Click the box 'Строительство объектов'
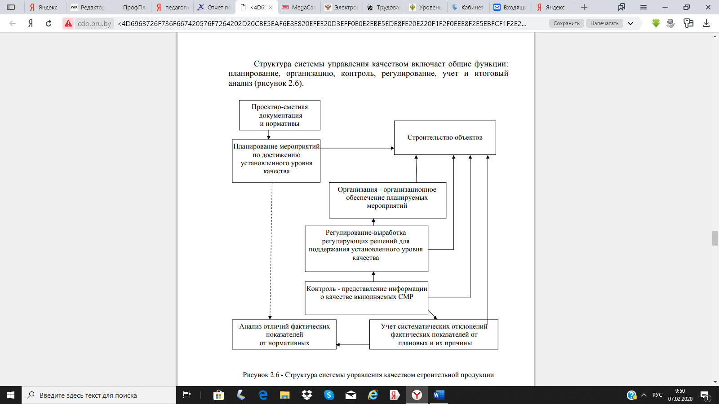coord(445,137)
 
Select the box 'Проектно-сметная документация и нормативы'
coord(280,115)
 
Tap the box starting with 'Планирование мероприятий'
coord(276,161)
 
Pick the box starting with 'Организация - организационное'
coord(387,200)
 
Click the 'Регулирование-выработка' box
coord(366,249)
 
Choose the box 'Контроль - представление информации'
coord(366,298)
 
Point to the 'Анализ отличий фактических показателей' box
coord(284,334)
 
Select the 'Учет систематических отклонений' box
coord(434,334)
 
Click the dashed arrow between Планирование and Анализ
coord(271,251)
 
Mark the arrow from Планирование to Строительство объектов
coord(357,148)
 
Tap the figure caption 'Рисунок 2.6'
coord(368,375)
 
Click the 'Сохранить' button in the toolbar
coord(567,23)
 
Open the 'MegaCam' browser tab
coord(299,7)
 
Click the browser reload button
coord(49,23)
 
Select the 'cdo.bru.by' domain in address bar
coord(94,23)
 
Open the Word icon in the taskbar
coord(439,395)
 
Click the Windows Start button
coord(11,395)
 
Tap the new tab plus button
coord(584,7)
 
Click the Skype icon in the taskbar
coord(329,395)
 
